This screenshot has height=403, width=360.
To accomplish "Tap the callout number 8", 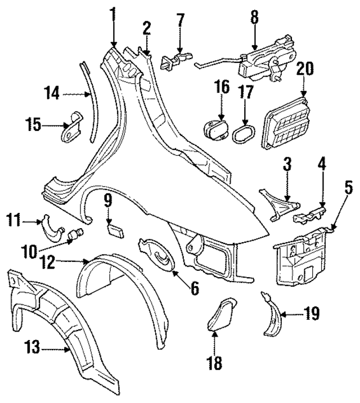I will coord(254,16).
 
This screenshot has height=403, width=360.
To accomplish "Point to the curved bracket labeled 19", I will coord(272,317).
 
